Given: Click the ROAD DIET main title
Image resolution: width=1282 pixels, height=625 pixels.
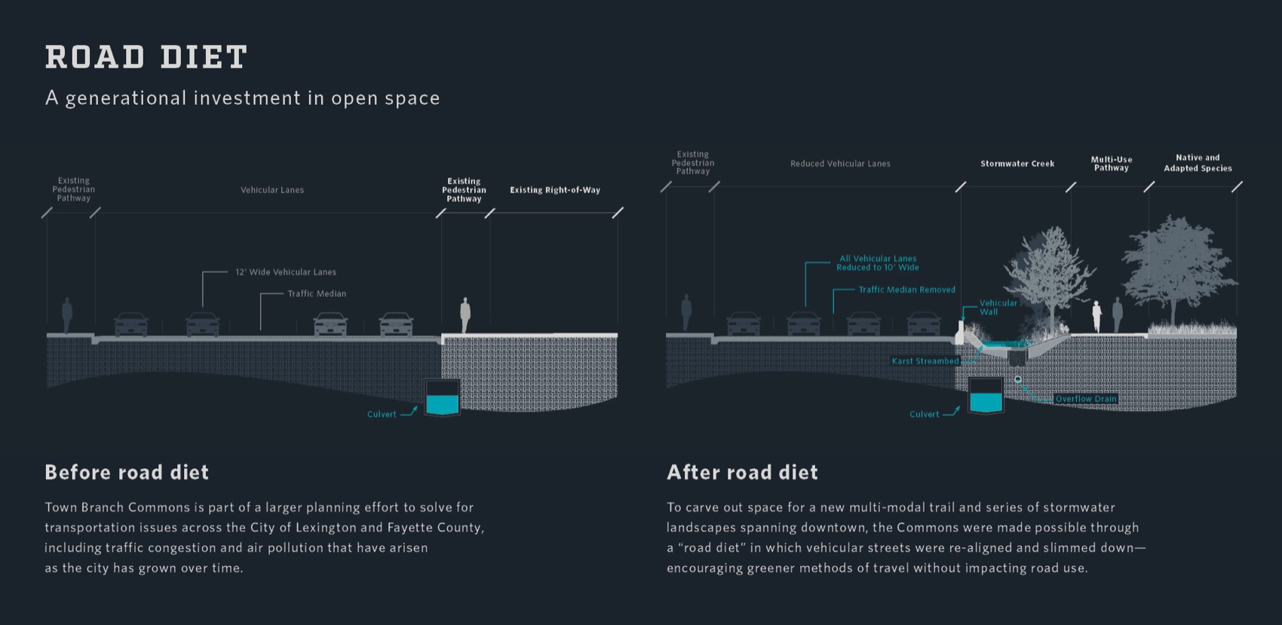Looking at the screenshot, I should click(146, 57).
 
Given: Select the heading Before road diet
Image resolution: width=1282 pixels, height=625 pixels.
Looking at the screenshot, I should click(127, 473).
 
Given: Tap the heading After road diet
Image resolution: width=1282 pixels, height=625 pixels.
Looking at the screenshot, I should click(742, 473).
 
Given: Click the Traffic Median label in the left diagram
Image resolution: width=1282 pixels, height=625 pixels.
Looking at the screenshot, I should click(317, 294).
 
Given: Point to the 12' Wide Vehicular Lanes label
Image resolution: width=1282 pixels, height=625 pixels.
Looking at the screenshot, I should click(286, 272).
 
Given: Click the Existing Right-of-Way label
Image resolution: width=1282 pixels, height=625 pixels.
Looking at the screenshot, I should click(555, 190).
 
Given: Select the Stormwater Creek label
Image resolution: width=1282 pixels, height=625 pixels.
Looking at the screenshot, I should click(1017, 164).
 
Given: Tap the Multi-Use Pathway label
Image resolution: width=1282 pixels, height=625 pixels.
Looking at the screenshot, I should click(1112, 164).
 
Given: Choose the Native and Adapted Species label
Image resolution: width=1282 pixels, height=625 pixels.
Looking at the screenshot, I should click(1198, 163).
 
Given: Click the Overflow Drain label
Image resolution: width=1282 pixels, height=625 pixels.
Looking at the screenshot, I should click(1086, 399).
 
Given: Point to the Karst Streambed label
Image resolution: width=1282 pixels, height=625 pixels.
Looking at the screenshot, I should click(925, 361).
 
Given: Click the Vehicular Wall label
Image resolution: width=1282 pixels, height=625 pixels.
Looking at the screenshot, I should click(998, 308).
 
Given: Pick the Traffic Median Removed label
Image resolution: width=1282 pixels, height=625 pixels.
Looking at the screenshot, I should click(906, 290).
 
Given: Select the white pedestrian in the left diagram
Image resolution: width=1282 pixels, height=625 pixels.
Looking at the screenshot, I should click(465, 314).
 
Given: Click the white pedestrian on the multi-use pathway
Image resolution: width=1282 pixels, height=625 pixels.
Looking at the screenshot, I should click(1096, 316).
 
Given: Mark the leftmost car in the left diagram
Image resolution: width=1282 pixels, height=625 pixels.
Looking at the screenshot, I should click(131, 324).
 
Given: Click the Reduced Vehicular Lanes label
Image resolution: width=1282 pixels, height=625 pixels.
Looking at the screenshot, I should click(840, 164).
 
